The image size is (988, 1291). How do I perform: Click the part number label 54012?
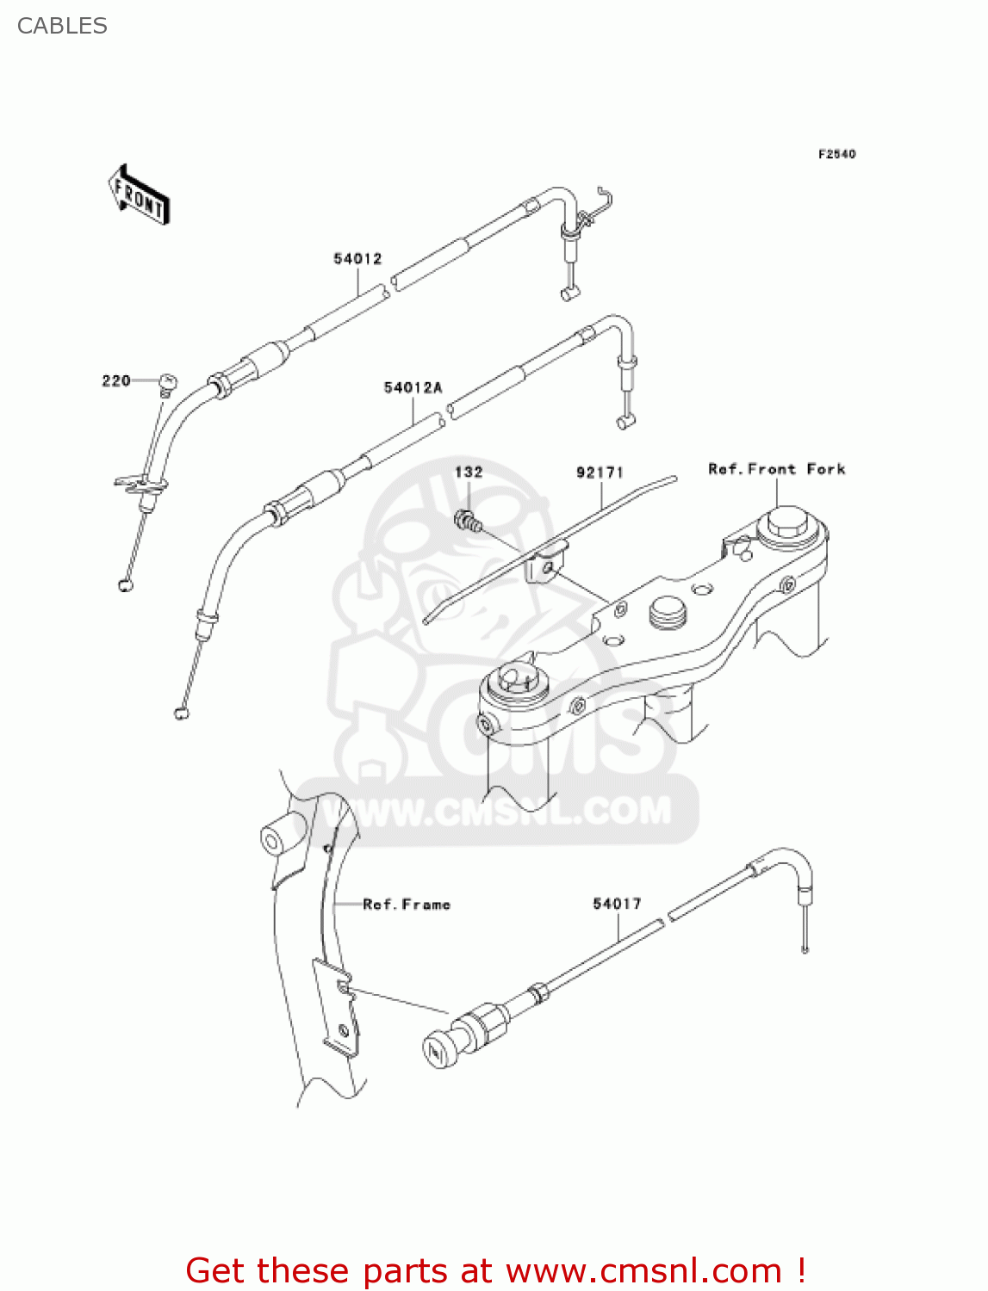(357, 258)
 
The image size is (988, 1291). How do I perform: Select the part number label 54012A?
(413, 388)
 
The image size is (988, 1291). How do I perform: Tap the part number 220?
(116, 380)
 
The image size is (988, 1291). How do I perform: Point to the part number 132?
(469, 472)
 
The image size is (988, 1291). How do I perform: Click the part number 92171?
(600, 473)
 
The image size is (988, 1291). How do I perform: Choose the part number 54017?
(617, 904)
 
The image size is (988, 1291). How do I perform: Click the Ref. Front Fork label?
(776, 469)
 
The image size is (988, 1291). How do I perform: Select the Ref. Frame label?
(407, 905)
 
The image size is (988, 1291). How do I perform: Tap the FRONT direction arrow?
(139, 195)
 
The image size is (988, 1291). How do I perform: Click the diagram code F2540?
(836, 154)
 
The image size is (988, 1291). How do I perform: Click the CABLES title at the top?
(62, 26)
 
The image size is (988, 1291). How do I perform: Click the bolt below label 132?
(466, 520)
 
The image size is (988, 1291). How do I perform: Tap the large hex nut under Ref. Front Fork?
(787, 523)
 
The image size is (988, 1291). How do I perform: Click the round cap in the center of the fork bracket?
(668, 613)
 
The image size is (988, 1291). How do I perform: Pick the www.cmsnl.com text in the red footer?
(643, 1271)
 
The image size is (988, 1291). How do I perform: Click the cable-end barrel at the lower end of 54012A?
(181, 712)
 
